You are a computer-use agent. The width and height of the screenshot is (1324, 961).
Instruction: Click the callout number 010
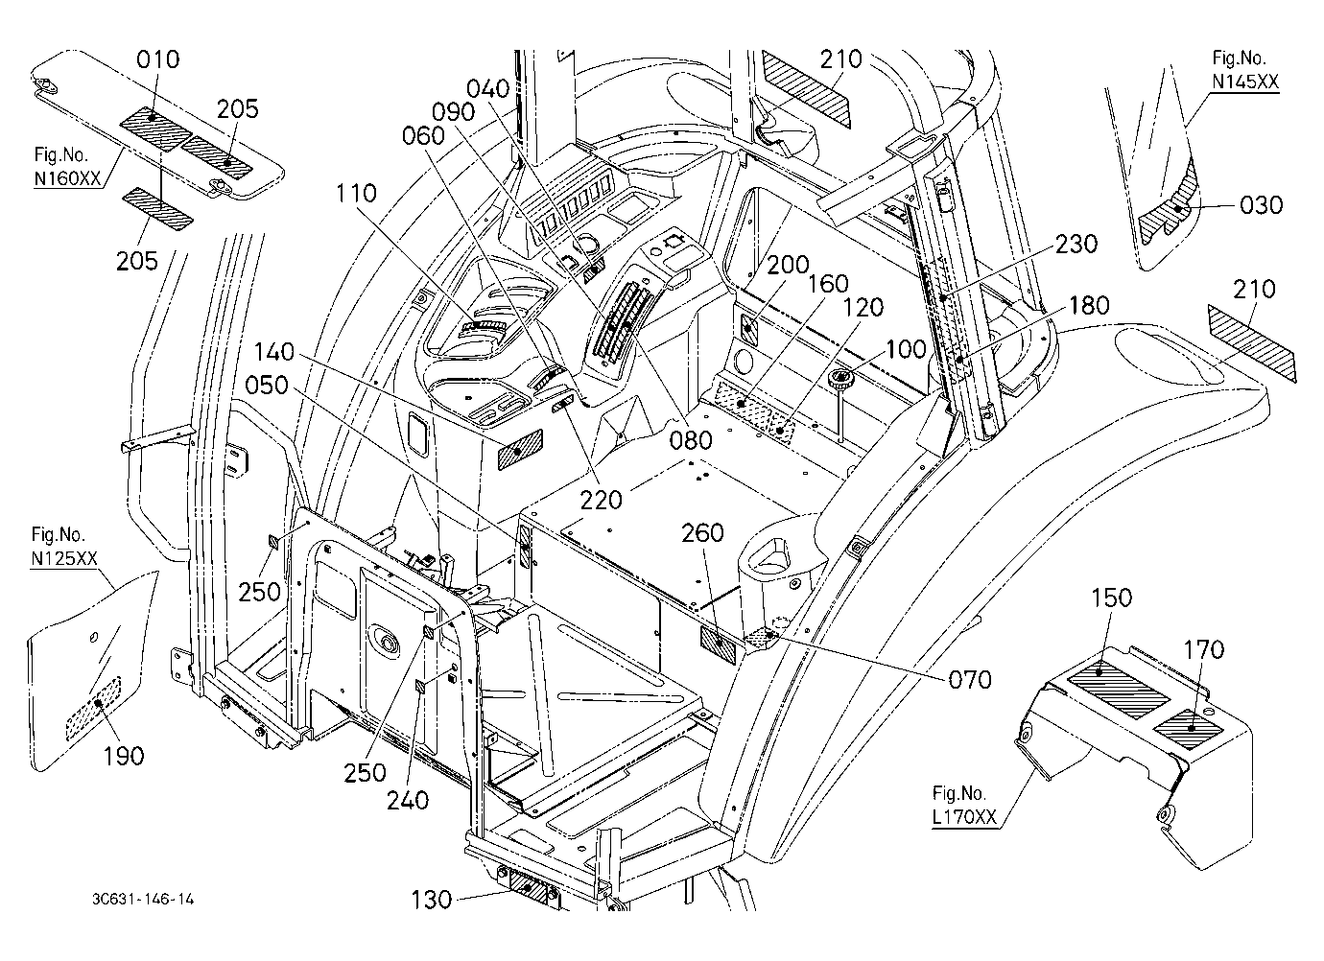pos(157,59)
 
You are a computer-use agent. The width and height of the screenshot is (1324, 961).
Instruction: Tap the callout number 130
pos(432,900)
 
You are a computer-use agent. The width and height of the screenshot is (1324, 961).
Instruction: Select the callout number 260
pos(702,533)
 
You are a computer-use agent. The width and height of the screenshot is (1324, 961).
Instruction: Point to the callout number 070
pos(970,680)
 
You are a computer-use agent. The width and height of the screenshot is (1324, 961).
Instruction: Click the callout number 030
pos(1262,205)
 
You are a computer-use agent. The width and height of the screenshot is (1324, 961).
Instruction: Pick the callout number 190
pos(124,756)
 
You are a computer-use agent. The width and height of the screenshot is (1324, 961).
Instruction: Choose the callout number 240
pos(408,800)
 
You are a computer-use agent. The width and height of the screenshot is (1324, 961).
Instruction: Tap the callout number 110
pos(356,194)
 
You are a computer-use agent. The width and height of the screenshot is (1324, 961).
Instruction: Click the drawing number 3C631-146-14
pos(143,900)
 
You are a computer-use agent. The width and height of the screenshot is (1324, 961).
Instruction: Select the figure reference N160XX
pos(68,178)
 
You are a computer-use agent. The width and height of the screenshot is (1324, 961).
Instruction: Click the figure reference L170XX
pos(964,817)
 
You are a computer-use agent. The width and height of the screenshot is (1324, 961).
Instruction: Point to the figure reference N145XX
pos(1245,82)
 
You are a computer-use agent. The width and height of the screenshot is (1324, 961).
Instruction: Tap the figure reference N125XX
pos(64,558)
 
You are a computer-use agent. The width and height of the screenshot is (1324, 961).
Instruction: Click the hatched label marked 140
pos(520,451)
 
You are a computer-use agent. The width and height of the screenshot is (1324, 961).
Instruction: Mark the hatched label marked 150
pos(1119,690)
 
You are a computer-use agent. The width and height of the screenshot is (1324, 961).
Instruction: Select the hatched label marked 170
pos(1189,730)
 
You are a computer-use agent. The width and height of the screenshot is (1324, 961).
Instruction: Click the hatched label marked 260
pos(719,645)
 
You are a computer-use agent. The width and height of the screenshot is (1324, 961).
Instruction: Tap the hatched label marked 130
pos(529,888)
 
